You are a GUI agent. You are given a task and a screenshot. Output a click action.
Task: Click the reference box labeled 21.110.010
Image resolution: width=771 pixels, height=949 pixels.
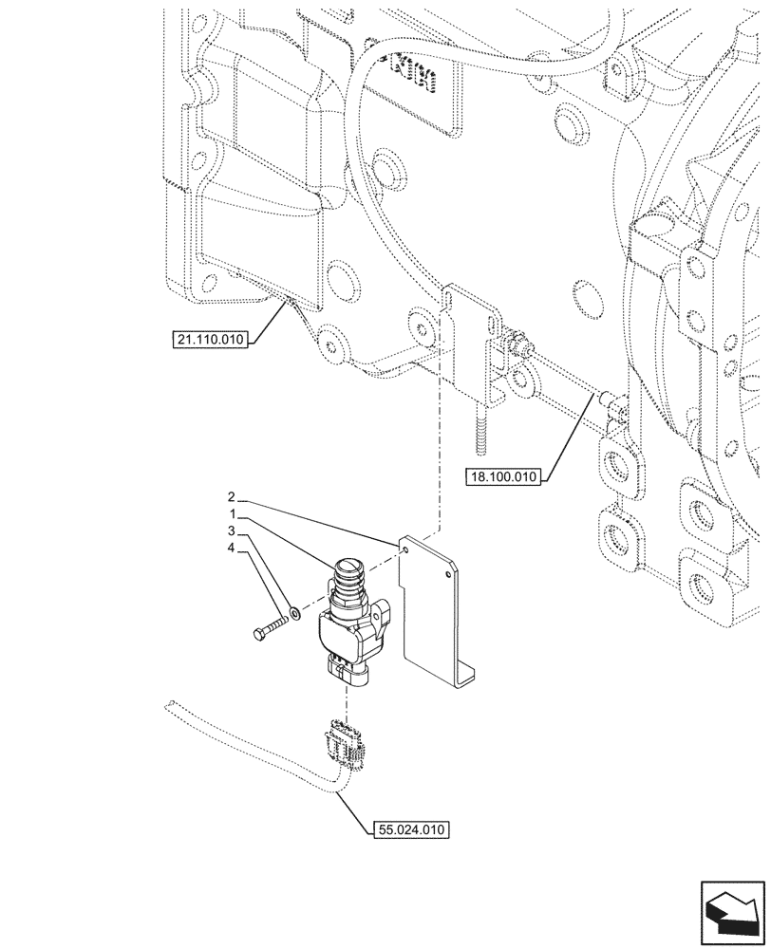click(x=211, y=340)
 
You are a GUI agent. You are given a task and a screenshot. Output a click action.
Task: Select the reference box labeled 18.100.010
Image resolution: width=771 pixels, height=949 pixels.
click(x=503, y=477)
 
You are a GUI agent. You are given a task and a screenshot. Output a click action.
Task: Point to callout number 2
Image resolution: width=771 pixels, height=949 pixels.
click(x=231, y=497)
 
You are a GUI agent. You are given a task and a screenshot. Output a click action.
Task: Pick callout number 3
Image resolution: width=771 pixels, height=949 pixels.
click(x=231, y=530)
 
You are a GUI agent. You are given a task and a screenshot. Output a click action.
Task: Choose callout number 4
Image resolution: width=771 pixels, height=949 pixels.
click(x=231, y=548)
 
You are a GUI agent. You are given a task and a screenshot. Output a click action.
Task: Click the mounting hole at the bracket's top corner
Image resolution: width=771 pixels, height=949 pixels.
click(x=405, y=549)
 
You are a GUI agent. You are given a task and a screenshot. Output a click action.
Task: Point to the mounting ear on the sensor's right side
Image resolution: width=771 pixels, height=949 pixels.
click(x=384, y=621)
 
